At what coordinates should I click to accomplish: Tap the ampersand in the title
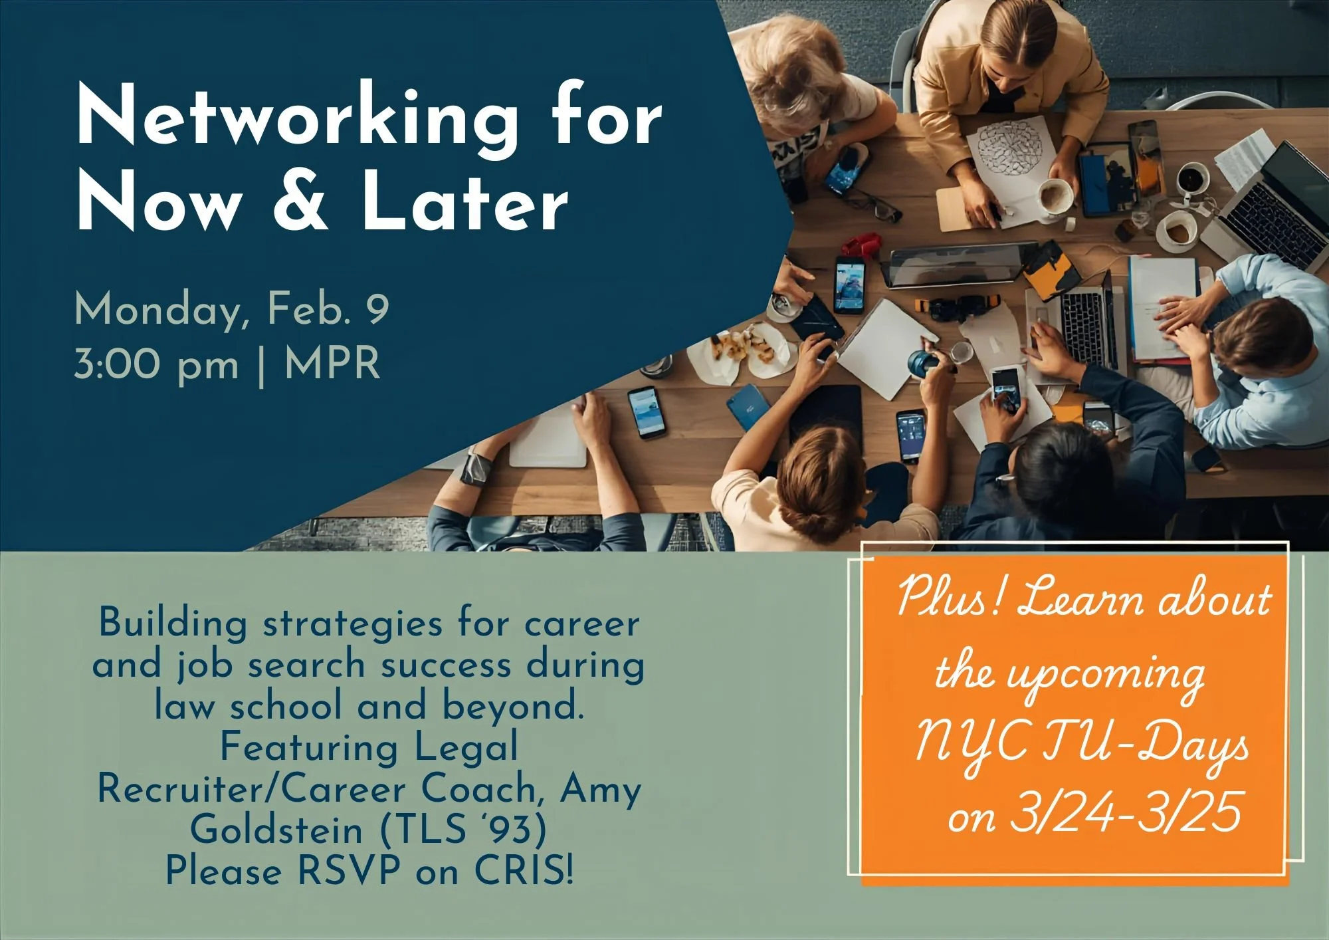click(301, 201)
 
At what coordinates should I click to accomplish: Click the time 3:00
click(118, 364)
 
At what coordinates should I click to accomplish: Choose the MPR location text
click(332, 364)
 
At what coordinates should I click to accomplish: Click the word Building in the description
click(173, 624)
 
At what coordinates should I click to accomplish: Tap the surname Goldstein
click(276, 830)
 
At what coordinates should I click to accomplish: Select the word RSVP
click(350, 870)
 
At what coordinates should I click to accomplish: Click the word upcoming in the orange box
click(1106, 675)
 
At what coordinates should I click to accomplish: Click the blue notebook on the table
click(748, 406)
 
